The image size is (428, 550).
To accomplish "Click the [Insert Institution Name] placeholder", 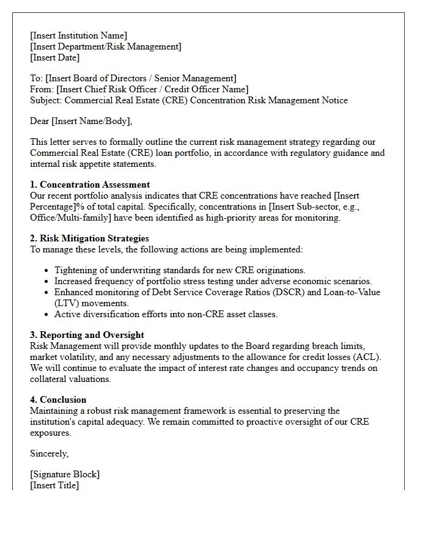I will pyautogui.click(x=78, y=35).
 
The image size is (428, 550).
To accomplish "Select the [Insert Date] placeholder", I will pyautogui.click(x=54, y=57).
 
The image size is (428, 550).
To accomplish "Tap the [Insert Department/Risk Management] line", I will pyautogui.click(x=105, y=46).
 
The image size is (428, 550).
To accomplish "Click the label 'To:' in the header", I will pyautogui.click(x=37, y=78).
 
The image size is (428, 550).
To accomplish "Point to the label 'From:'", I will pyautogui.click(x=42, y=89).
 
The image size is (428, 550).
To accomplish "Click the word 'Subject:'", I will pyautogui.click(x=46, y=100).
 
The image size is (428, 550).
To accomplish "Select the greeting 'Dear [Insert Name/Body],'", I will pyautogui.click(x=81, y=121).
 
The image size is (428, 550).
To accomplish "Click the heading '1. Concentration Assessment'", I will pyautogui.click(x=90, y=185).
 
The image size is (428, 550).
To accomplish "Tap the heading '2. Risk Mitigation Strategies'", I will pyautogui.click(x=89, y=238).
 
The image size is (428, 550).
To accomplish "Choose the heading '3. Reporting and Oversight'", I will pyautogui.click(x=87, y=335).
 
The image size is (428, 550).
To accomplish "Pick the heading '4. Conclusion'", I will pyautogui.click(x=58, y=400).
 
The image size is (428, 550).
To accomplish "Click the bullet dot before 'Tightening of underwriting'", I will pyautogui.click(x=46, y=270).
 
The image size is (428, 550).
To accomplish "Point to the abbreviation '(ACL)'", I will pyautogui.click(x=375, y=357).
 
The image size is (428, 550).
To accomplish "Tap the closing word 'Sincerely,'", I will pyautogui.click(x=50, y=453).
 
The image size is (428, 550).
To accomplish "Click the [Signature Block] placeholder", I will pyautogui.click(x=64, y=474).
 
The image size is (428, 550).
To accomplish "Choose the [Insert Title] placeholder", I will pyautogui.click(x=54, y=485).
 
